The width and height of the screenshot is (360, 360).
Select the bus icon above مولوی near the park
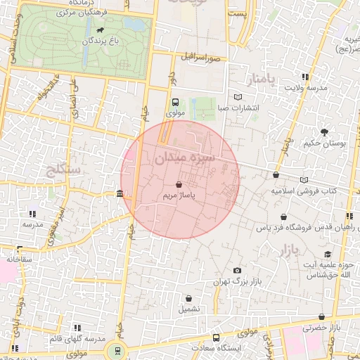pyautogui.click(x=175, y=101)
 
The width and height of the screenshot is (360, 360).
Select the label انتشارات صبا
pyautogui.click(x=238, y=108)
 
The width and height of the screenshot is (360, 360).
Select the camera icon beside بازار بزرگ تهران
pyautogui.click(x=237, y=271)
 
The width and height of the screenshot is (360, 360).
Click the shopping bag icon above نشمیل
pyautogui.click(x=188, y=297)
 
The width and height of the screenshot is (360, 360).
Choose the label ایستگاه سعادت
pyautogui.click(x=236, y=348)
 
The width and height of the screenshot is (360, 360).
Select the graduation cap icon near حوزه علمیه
pyautogui.click(x=327, y=255)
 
